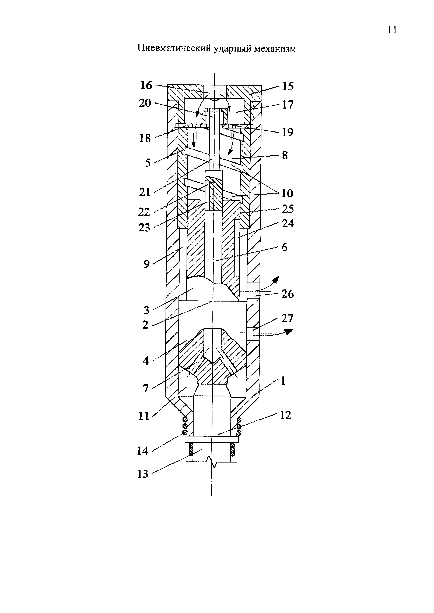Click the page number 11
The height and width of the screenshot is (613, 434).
(x=392, y=30)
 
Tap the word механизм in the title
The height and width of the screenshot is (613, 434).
(x=275, y=49)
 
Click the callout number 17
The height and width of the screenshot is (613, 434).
(x=288, y=105)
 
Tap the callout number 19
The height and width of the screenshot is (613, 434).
(x=288, y=132)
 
